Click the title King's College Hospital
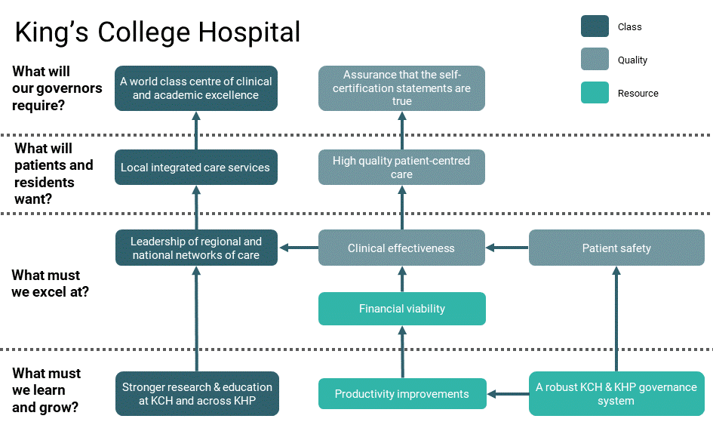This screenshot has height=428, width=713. [158, 32]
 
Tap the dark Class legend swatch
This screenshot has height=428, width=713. [595, 26]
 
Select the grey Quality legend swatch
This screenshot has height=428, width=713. [595, 60]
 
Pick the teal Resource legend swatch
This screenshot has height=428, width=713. [595, 93]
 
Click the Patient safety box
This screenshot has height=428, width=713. [616, 248]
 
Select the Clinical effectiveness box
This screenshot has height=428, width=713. [401, 248]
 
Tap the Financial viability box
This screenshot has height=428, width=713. [401, 309]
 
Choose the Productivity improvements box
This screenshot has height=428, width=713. [401, 394]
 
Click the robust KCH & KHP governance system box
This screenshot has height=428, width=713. [616, 394]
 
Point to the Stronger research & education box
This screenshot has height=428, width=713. [197, 394]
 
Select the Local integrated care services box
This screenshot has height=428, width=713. [195, 168]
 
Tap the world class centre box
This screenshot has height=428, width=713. [195, 88]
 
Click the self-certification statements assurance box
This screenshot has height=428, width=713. [401, 88]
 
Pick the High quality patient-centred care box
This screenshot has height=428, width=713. [401, 168]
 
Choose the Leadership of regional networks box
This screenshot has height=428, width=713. [195, 248]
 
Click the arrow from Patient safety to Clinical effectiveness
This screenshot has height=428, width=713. [507, 248]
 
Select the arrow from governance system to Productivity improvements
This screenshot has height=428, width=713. [508, 393]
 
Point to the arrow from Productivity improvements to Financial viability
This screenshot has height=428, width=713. [401, 352]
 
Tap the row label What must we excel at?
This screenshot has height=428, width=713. [50, 283]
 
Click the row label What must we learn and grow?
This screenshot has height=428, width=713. [47, 390]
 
